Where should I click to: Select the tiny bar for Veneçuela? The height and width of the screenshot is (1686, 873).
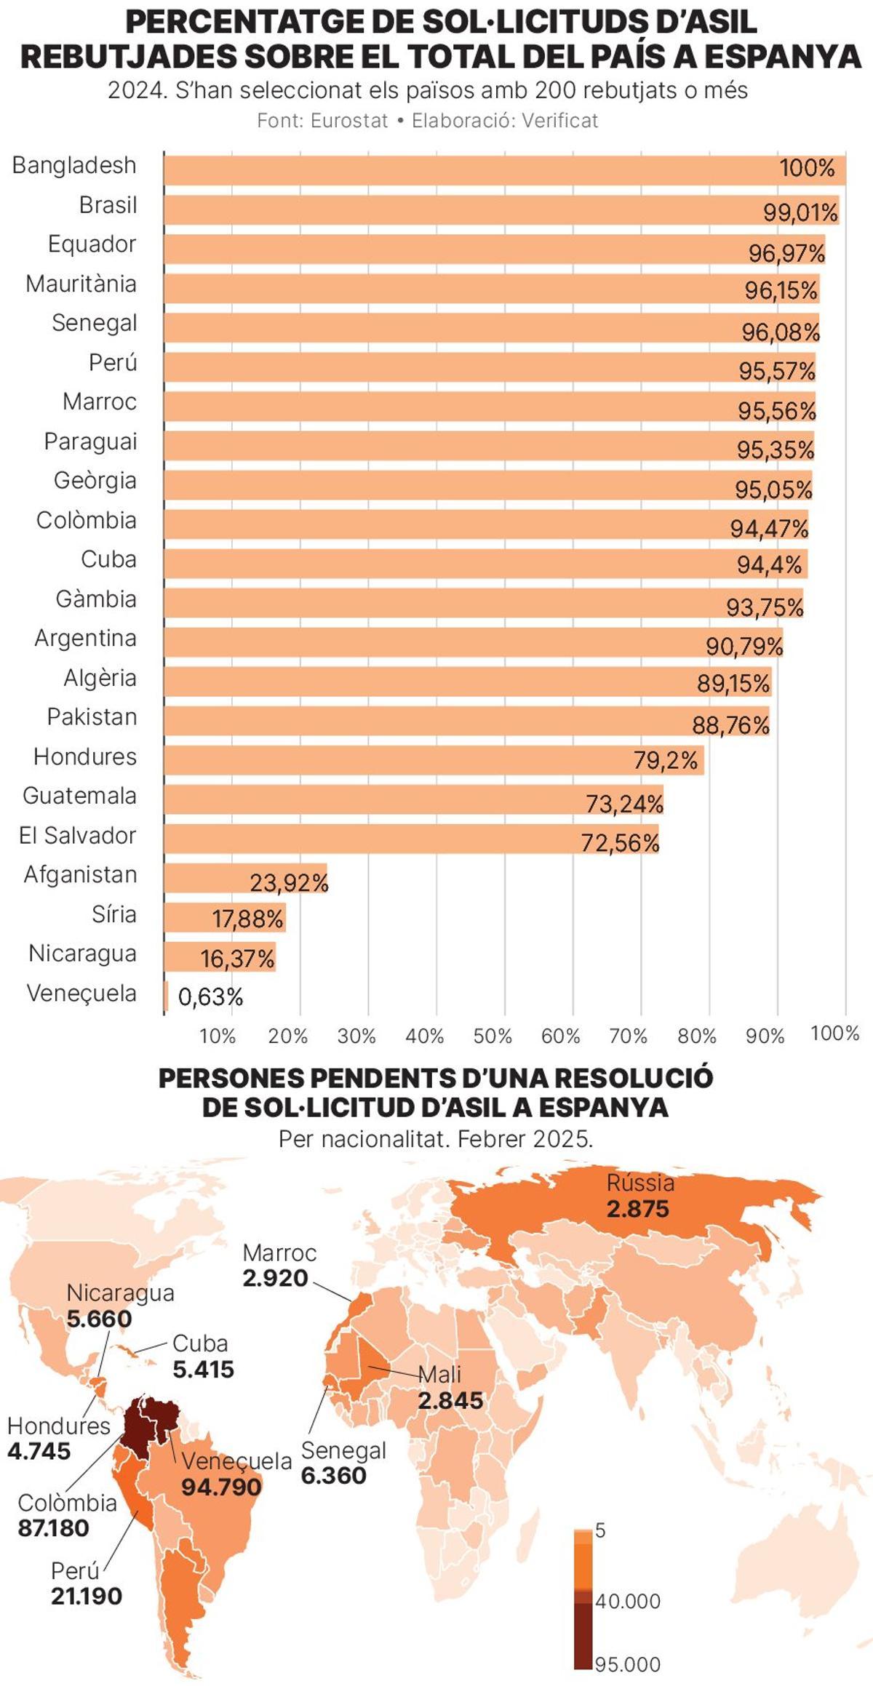click(166, 996)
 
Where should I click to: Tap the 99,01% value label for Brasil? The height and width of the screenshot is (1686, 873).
click(800, 213)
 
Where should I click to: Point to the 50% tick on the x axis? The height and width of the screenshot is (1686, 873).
click(493, 1036)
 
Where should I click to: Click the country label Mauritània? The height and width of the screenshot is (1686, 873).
click(81, 284)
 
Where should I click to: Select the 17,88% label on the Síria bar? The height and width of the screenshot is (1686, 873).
click(247, 919)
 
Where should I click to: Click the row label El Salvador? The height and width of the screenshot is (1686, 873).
click(77, 835)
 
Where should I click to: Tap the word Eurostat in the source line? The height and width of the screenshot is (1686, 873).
click(349, 121)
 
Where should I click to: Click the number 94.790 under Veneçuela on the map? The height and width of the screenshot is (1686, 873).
click(221, 1487)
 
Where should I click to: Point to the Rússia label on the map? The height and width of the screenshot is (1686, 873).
click(640, 1183)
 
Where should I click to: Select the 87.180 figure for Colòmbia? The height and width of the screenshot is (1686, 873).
click(53, 1527)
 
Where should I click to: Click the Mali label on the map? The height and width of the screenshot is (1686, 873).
click(440, 1374)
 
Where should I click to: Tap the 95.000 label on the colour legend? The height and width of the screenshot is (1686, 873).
click(628, 1664)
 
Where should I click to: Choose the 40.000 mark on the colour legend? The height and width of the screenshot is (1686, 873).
click(628, 1601)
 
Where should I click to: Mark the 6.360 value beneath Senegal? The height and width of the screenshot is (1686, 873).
click(333, 1475)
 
